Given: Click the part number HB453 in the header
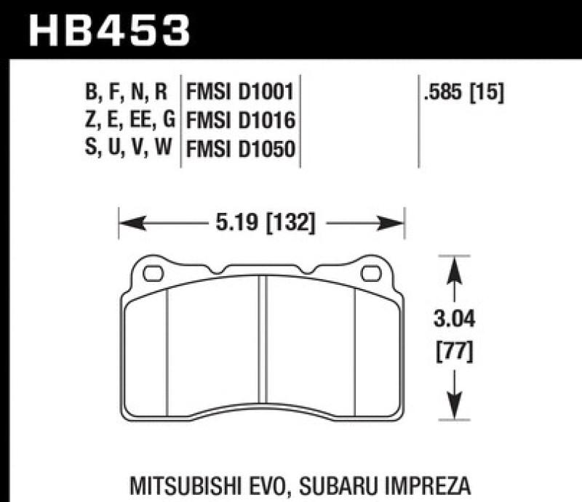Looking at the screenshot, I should point(108,30).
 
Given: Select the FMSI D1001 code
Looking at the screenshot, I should point(240,92).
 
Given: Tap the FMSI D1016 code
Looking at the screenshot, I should point(240,120).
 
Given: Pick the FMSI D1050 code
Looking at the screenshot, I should point(240,148).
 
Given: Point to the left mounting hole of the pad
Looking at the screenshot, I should point(154,275).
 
